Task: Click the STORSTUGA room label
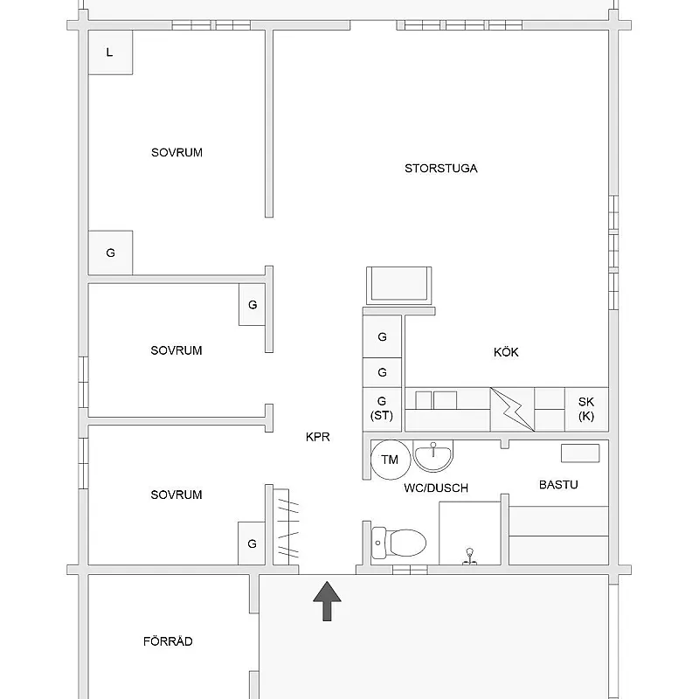point(441,169)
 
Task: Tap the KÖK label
point(506,352)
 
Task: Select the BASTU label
point(558,485)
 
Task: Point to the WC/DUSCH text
point(436,488)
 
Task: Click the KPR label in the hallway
point(318,437)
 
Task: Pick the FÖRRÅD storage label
point(168,640)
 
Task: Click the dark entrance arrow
point(327,601)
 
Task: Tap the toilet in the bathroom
point(398,543)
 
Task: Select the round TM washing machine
point(390,460)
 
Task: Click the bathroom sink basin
point(433,456)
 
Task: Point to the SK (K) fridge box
point(586,409)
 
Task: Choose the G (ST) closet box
point(382,409)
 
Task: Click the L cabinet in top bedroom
point(110,52)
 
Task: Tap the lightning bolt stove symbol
point(512,409)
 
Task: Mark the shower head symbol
point(469,557)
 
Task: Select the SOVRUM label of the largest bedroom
point(176,152)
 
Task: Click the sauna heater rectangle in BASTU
point(580,453)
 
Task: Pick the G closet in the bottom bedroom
point(252,543)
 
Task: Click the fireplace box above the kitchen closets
point(399,286)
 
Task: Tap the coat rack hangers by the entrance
point(287,528)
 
